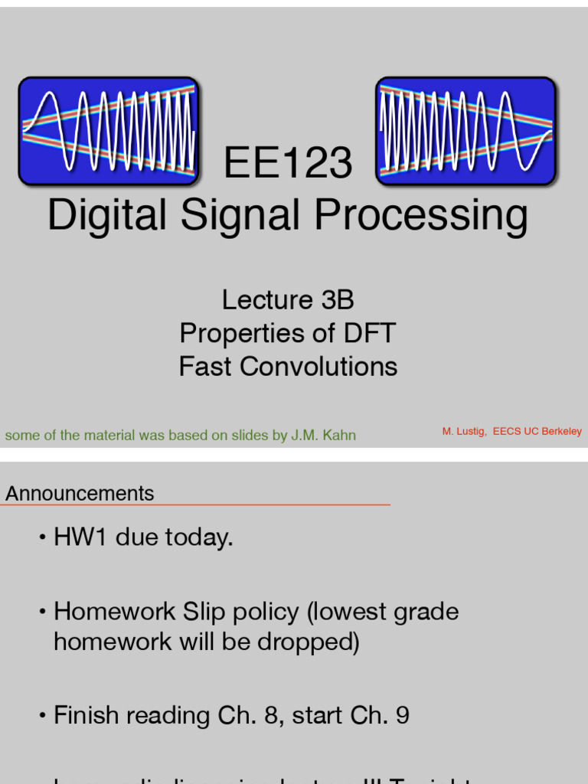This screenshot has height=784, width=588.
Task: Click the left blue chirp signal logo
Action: click(x=109, y=131)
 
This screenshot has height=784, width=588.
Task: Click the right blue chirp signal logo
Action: click(x=465, y=131)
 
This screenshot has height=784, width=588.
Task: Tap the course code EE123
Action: click(x=288, y=164)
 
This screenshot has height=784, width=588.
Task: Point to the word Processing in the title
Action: click(x=421, y=215)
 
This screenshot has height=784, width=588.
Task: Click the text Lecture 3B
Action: click(x=288, y=299)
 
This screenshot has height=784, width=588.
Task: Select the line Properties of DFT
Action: click(x=288, y=333)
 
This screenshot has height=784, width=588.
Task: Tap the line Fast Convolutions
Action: click(x=288, y=367)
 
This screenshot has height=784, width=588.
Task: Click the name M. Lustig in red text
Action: click(x=463, y=432)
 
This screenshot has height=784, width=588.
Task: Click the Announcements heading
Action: click(x=80, y=494)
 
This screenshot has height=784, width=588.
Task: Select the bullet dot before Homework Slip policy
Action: click(x=44, y=612)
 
